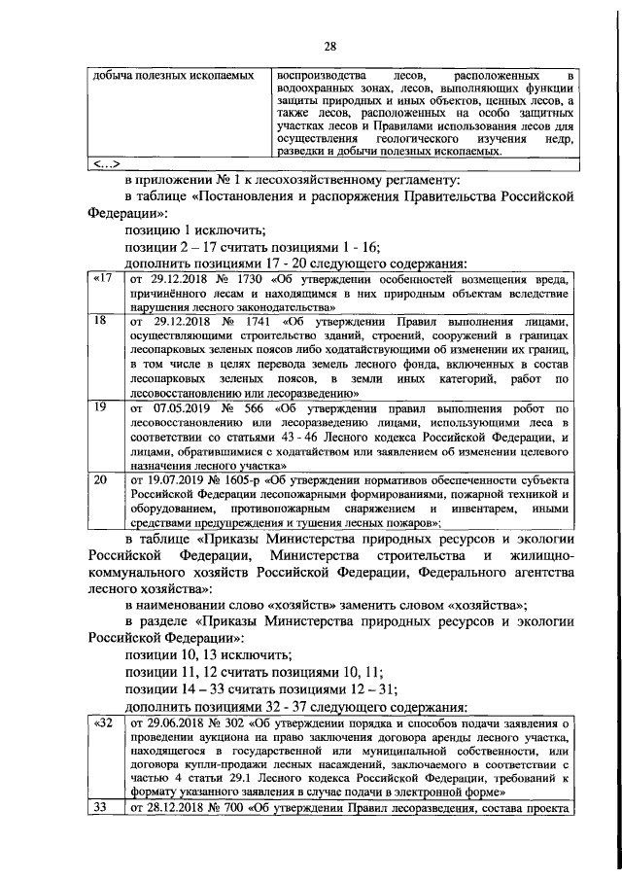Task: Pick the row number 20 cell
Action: (x=99, y=479)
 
